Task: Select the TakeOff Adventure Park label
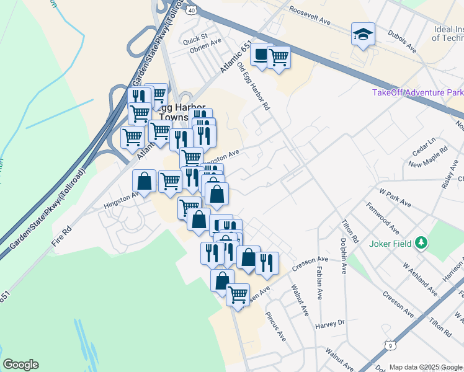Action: point(417,92)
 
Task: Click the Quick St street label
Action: point(195,36)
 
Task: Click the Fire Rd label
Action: point(63,237)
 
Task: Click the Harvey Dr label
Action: point(329,324)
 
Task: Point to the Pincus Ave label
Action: point(277,327)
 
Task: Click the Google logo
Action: point(20,365)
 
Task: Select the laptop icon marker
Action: point(261,55)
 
